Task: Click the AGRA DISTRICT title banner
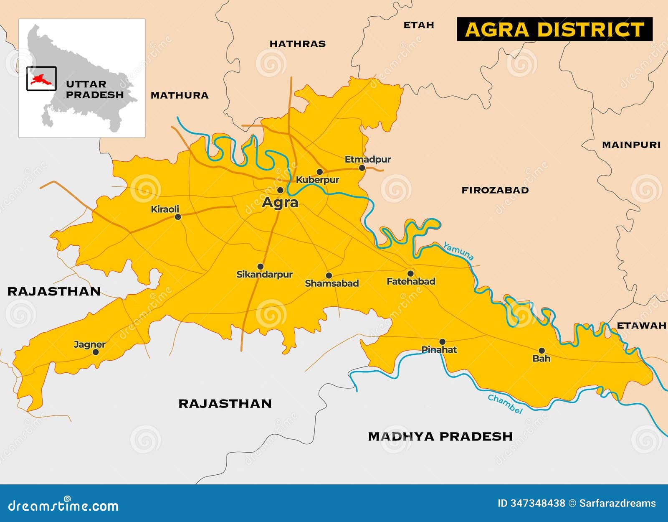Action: tap(554, 29)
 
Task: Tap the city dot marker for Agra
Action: tap(280, 190)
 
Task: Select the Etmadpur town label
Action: tap(367, 159)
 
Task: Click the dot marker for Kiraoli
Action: tap(178, 217)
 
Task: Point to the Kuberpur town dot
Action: tap(319, 172)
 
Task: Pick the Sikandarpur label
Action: tap(264, 275)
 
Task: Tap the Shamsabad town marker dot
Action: tap(329, 275)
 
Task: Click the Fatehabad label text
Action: tap(411, 282)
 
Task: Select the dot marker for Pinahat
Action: tap(442, 342)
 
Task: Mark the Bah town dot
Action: tap(541, 351)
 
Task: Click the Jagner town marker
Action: tap(96, 352)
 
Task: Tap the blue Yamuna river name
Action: tap(458, 251)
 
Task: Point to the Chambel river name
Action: tap(505, 404)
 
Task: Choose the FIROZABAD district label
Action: tap(495, 190)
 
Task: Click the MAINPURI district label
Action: tap(631, 145)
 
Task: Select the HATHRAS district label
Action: tap(297, 44)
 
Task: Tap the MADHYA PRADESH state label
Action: tap(440, 436)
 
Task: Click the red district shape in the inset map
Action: tap(42, 79)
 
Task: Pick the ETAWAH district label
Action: tap(641, 326)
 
